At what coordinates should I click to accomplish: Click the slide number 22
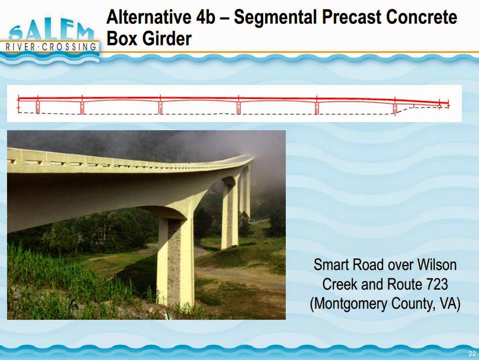coord(472,354)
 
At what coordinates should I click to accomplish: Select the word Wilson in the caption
coord(437,265)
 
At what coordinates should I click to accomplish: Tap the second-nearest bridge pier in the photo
coord(230,214)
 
